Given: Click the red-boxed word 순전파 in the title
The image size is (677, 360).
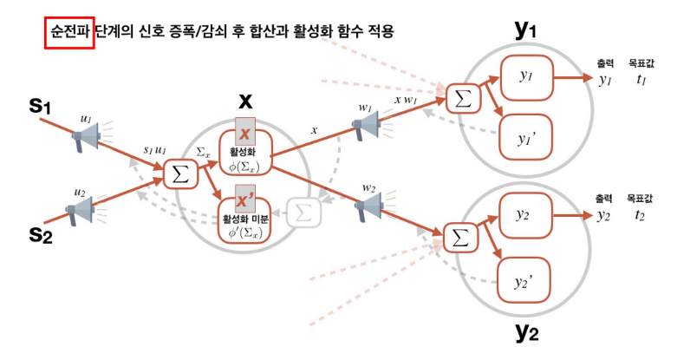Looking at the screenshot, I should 69,32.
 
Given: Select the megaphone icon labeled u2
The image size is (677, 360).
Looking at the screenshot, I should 82,209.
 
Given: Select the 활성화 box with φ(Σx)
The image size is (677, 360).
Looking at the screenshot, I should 247,152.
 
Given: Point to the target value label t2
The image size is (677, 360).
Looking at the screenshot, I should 641,216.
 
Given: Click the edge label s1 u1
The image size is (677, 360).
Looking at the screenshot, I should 156,151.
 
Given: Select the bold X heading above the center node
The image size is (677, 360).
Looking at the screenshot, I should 245,101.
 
